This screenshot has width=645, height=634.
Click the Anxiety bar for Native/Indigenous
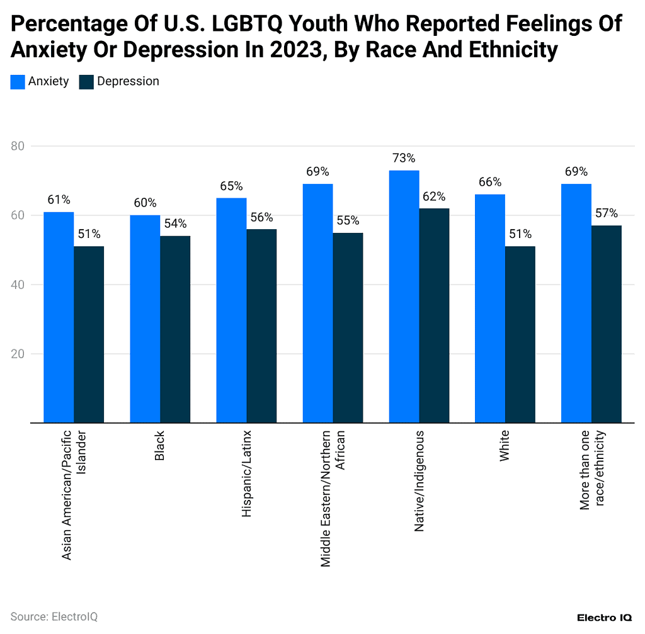click(x=404, y=296)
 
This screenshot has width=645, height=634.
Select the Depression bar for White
click(x=520, y=334)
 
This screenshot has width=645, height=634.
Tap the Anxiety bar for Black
click(x=145, y=318)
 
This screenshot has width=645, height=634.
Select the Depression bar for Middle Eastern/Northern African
click(x=348, y=327)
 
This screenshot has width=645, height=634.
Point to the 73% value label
click(x=404, y=158)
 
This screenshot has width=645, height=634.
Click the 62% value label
click(x=434, y=196)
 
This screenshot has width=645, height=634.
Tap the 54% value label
click(x=175, y=224)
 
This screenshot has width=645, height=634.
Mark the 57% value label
click(x=607, y=213)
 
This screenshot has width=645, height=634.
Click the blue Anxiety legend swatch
click(x=18, y=81)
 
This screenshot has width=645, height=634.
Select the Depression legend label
click(x=128, y=81)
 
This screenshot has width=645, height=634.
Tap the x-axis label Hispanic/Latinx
click(x=247, y=474)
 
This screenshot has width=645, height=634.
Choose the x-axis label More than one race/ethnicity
click(x=591, y=478)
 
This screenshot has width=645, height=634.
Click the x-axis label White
click(x=505, y=447)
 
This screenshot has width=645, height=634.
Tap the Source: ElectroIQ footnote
click(x=54, y=616)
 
